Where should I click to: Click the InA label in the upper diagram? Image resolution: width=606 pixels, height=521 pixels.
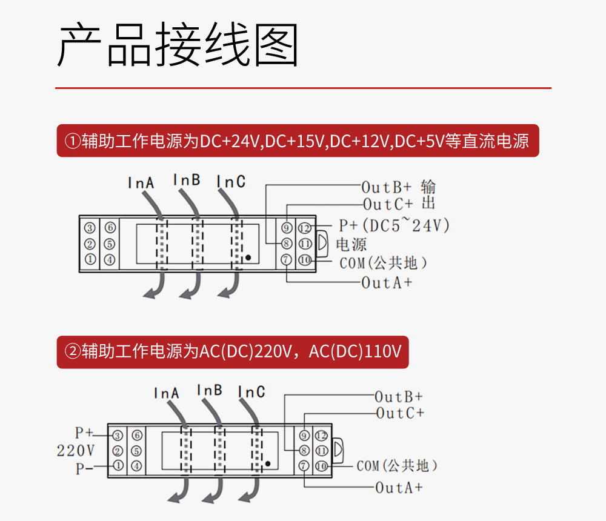coord(141,182)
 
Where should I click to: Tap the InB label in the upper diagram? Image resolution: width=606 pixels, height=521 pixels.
coord(186,180)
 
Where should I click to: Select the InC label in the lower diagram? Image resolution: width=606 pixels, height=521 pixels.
coord(251,392)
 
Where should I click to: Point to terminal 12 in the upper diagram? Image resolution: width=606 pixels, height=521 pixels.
coord(304,228)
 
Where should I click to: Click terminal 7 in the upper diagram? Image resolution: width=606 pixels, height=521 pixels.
coord(286,260)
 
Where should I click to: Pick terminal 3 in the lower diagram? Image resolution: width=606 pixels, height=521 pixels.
coord(118,436)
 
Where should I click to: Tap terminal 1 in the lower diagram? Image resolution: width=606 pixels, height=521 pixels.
coord(118,466)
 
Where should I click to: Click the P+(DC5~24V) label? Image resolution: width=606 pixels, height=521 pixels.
coord(394,226)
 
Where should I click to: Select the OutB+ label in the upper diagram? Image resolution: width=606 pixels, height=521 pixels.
coord(386,186)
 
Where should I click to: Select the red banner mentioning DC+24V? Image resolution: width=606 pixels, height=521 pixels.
coord(298,141)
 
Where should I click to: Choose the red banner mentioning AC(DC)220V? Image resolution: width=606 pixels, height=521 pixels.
coord(233,352)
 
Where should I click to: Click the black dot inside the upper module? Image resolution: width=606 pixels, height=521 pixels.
coord(248,257)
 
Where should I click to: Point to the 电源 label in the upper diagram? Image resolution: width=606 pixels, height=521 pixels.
coord(351,245)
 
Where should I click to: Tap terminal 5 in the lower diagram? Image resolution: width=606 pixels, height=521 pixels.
coord(136,451)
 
